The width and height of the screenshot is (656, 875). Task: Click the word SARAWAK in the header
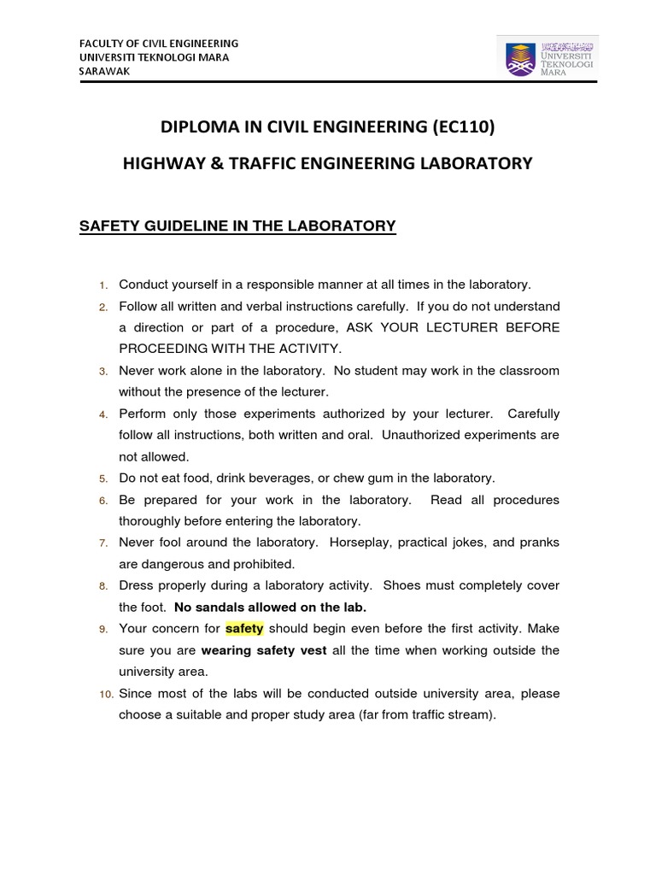[104, 72]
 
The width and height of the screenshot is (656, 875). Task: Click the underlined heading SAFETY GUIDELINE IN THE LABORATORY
[237, 226]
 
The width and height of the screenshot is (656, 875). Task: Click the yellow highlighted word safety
[244, 629]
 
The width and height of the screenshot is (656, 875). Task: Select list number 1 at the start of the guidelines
[103, 285]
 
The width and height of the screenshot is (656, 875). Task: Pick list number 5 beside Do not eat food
[103, 479]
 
